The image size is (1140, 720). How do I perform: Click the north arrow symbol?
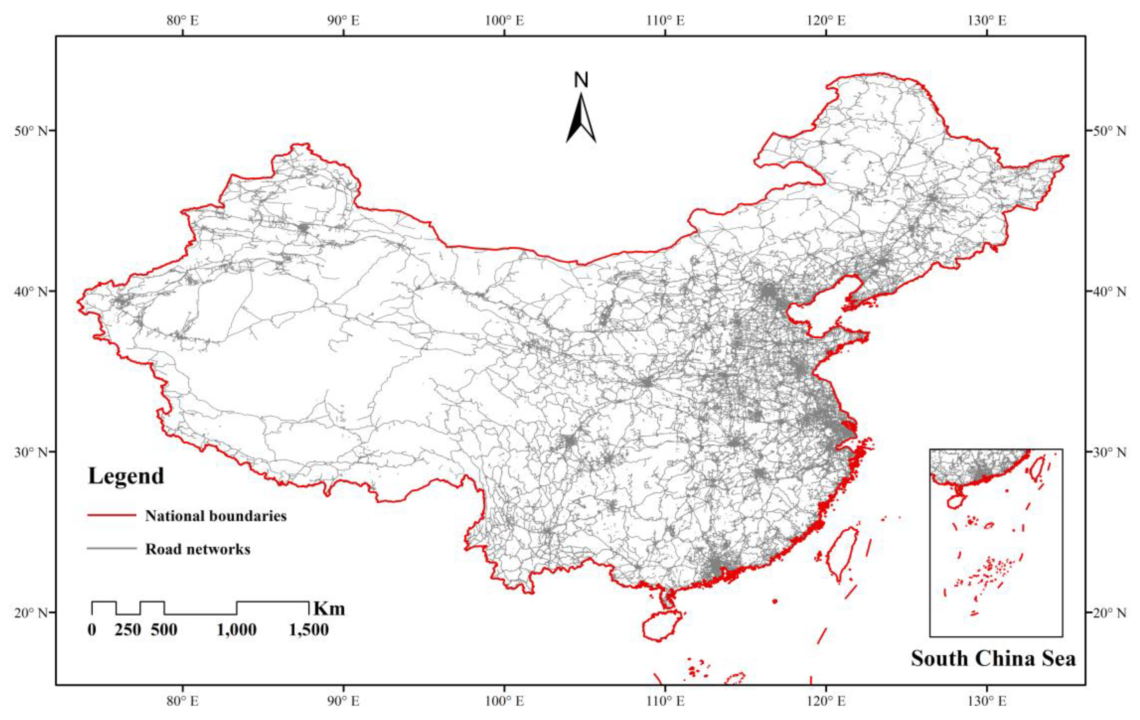[x=581, y=118]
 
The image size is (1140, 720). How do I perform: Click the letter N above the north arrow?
[x=581, y=80]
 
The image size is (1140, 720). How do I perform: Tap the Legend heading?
[x=126, y=476]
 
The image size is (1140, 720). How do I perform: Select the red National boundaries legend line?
[x=112, y=515]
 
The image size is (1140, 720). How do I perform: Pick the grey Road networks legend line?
[x=112, y=549]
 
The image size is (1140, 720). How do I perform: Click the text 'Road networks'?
[x=198, y=549]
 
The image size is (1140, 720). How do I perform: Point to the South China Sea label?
[x=993, y=658]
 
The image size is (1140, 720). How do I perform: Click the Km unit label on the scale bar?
[x=330, y=608]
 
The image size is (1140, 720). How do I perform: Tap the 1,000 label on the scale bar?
[x=237, y=630]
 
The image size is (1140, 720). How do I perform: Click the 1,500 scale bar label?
[x=309, y=630]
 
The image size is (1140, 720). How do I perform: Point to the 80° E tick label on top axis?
[x=183, y=21]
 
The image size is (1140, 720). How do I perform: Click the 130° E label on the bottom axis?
[x=987, y=700]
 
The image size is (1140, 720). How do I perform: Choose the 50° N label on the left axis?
[x=31, y=131]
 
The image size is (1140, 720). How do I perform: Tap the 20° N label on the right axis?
[x=1109, y=613]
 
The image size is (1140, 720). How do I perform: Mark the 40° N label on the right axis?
[x=1109, y=292]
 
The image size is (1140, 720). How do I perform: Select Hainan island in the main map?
[x=661, y=626]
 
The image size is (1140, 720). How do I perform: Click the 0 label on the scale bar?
[x=92, y=630]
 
